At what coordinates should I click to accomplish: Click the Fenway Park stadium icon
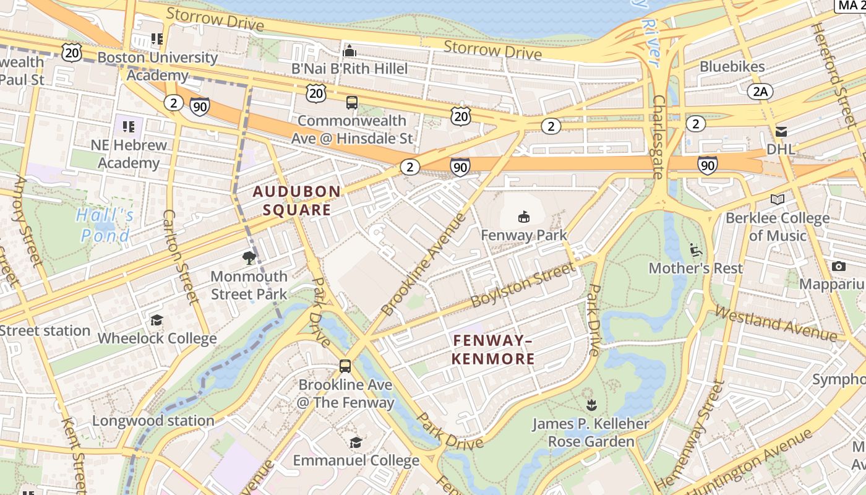click(524, 217)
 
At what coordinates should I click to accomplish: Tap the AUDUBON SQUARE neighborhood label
click(296, 200)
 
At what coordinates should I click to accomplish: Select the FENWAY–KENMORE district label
click(493, 350)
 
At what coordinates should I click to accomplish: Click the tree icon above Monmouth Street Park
click(249, 257)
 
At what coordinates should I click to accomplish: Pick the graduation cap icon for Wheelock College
click(156, 320)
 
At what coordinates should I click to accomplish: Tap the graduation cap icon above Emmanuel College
click(356, 442)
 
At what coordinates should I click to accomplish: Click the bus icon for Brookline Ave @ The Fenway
click(345, 366)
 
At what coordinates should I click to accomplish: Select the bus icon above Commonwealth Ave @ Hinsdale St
click(352, 103)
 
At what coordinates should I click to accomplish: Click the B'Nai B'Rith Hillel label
click(350, 68)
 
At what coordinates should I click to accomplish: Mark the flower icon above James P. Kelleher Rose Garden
click(591, 405)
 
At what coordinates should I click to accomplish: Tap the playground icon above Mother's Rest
click(695, 250)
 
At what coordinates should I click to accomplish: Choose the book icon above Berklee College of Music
click(777, 199)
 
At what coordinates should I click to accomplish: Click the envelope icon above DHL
click(781, 131)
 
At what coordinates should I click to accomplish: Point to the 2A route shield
click(760, 92)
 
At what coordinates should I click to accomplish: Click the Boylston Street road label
click(522, 285)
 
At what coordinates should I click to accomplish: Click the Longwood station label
click(153, 421)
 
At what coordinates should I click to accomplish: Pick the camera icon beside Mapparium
click(839, 266)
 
